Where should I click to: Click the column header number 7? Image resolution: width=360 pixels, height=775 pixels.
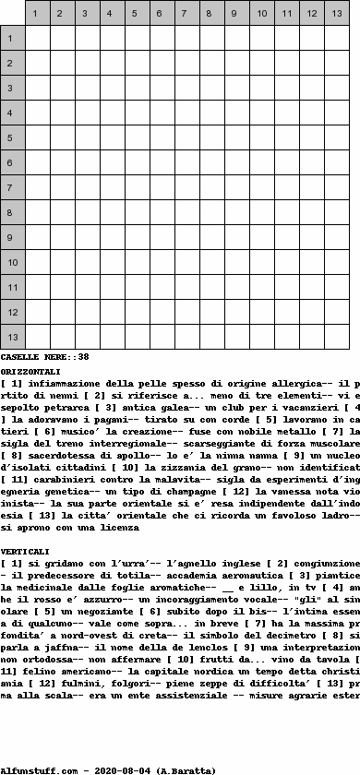pyautogui.click(x=186, y=14)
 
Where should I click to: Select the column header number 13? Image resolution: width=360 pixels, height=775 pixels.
pyautogui.click(x=336, y=14)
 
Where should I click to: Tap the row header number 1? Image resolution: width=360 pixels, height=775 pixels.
pyautogui.click(x=11, y=39)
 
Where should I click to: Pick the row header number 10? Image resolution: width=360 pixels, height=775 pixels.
pyautogui.click(x=11, y=263)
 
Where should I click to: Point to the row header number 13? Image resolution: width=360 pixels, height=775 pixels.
pyautogui.click(x=11, y=338)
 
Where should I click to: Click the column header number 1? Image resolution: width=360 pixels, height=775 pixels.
pyautogui.click(x=37, y=14)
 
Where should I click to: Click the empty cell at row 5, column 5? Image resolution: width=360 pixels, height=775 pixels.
pyautogui.click(x=137, y=138)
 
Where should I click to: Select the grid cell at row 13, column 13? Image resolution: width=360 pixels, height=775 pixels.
pyautogui.click(x=336, y=338)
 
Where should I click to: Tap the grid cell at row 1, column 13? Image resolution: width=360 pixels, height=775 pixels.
pyautogui.click(x=336, y=39)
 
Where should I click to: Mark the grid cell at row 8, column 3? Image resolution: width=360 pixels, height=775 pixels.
pyautogui.click(x=87, y=213)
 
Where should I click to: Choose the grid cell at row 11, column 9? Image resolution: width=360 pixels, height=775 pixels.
pyautogui.click(x=236, y=288)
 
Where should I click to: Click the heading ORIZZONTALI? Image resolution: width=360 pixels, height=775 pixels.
pyautogui.click(x=31, y=369)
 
